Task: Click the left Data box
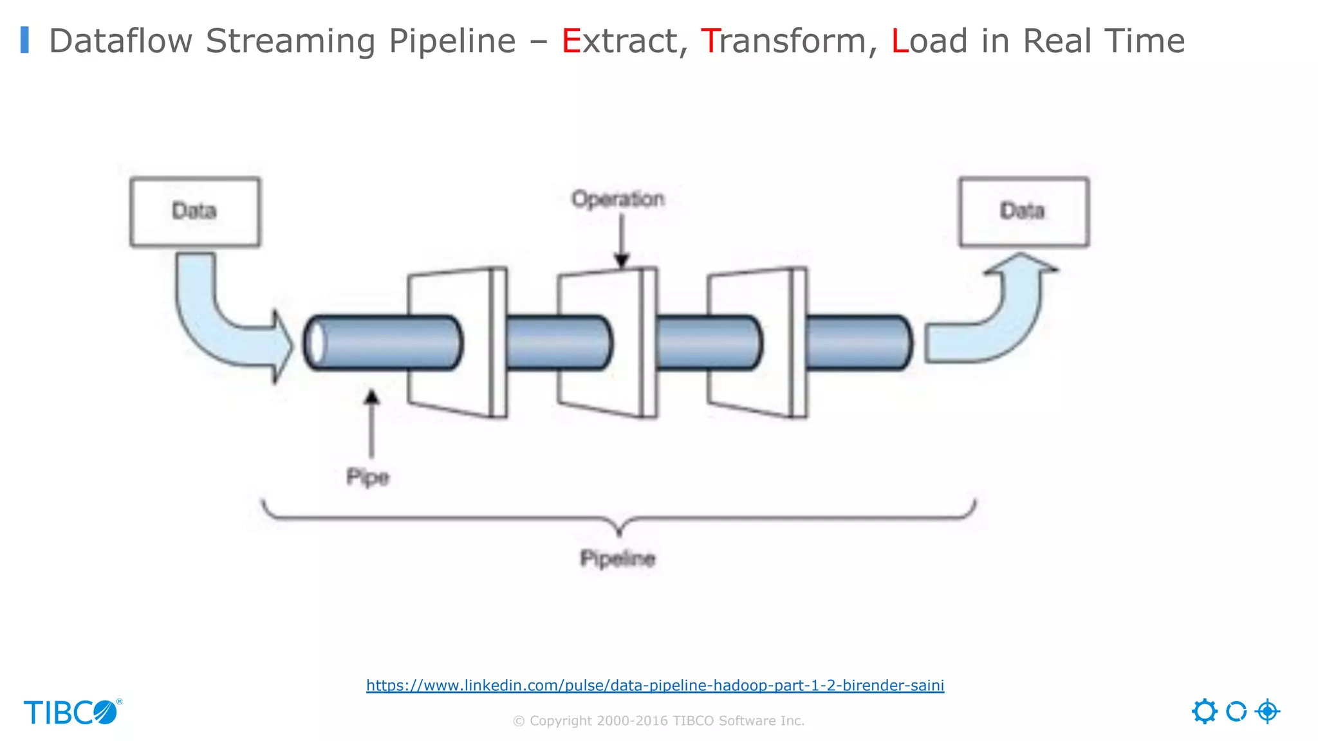coord(195,212)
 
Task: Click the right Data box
coord(1024,212)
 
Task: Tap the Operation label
coord(618,199)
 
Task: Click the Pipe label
coord(367,477)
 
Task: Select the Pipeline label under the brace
coord(618,558)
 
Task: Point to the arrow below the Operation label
coord(621,241)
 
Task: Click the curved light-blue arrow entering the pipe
coord(219,322)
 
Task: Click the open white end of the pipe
coord(315,343)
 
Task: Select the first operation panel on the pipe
coord(450,343)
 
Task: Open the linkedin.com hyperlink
coord(655,685)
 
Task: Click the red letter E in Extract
coord(571,41)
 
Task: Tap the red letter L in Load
coord(899,41)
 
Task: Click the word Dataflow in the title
coord(120,41)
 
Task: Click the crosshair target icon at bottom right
coord(1267,711)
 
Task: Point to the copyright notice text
coord(658,721)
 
